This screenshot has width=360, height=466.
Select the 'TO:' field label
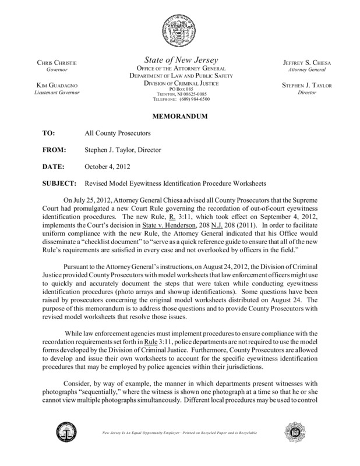(x=50, y=133)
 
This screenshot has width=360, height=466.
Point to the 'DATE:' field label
(x=54, y=167)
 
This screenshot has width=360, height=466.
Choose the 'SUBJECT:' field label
(x=60, y=183)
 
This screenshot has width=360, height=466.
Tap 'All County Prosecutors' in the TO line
(x=121, y=133)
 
